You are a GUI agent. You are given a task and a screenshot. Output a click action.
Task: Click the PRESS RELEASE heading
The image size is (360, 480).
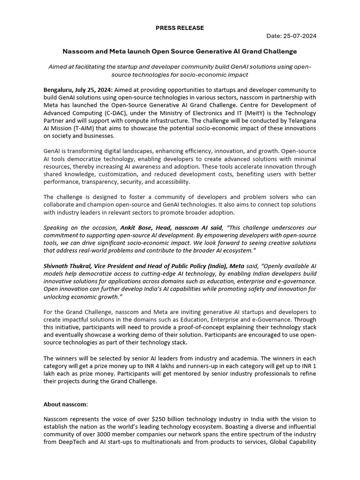[x=180, y=28]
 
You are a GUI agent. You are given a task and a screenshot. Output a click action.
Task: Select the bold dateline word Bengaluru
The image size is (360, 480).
[x=58, y=90]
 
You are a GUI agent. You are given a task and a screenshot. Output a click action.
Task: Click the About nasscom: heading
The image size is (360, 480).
[x=66, y=404]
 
